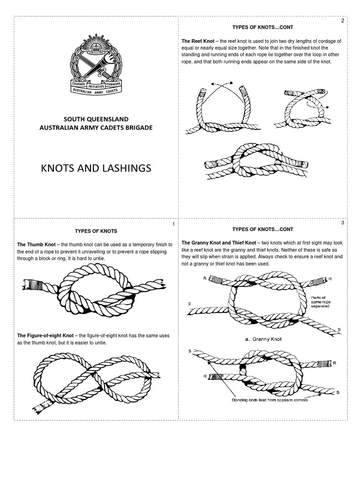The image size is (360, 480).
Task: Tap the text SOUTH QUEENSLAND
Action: tap(96, 119)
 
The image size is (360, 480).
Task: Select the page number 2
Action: tap(343, 21)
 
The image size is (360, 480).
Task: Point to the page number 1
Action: tap(173, 224)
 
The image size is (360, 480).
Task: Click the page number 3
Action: tap(343, 223)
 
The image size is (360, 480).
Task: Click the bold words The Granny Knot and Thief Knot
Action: tap(218, 243)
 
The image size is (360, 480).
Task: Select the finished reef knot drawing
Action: tap(256, 163)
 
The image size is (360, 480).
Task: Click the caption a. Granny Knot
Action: tap(262, 339)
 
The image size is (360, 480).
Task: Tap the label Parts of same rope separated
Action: tap(321, 302)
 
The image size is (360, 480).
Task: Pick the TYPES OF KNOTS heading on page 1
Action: tap(96, 231)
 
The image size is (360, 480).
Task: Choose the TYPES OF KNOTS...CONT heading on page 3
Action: tap(262, 229)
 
